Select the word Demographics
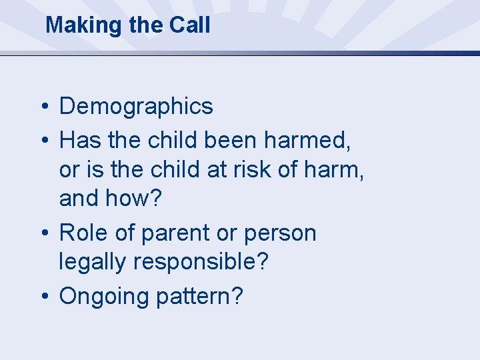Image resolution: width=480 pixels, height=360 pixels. [136, 106]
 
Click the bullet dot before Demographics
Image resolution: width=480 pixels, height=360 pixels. [43, 107]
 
